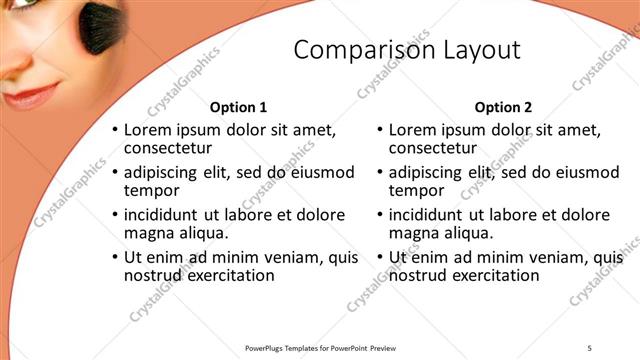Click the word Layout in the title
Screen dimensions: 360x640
pos(478,51)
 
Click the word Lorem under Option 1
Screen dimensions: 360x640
pos(147,130)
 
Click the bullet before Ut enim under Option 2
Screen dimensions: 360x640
pos(381,258)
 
